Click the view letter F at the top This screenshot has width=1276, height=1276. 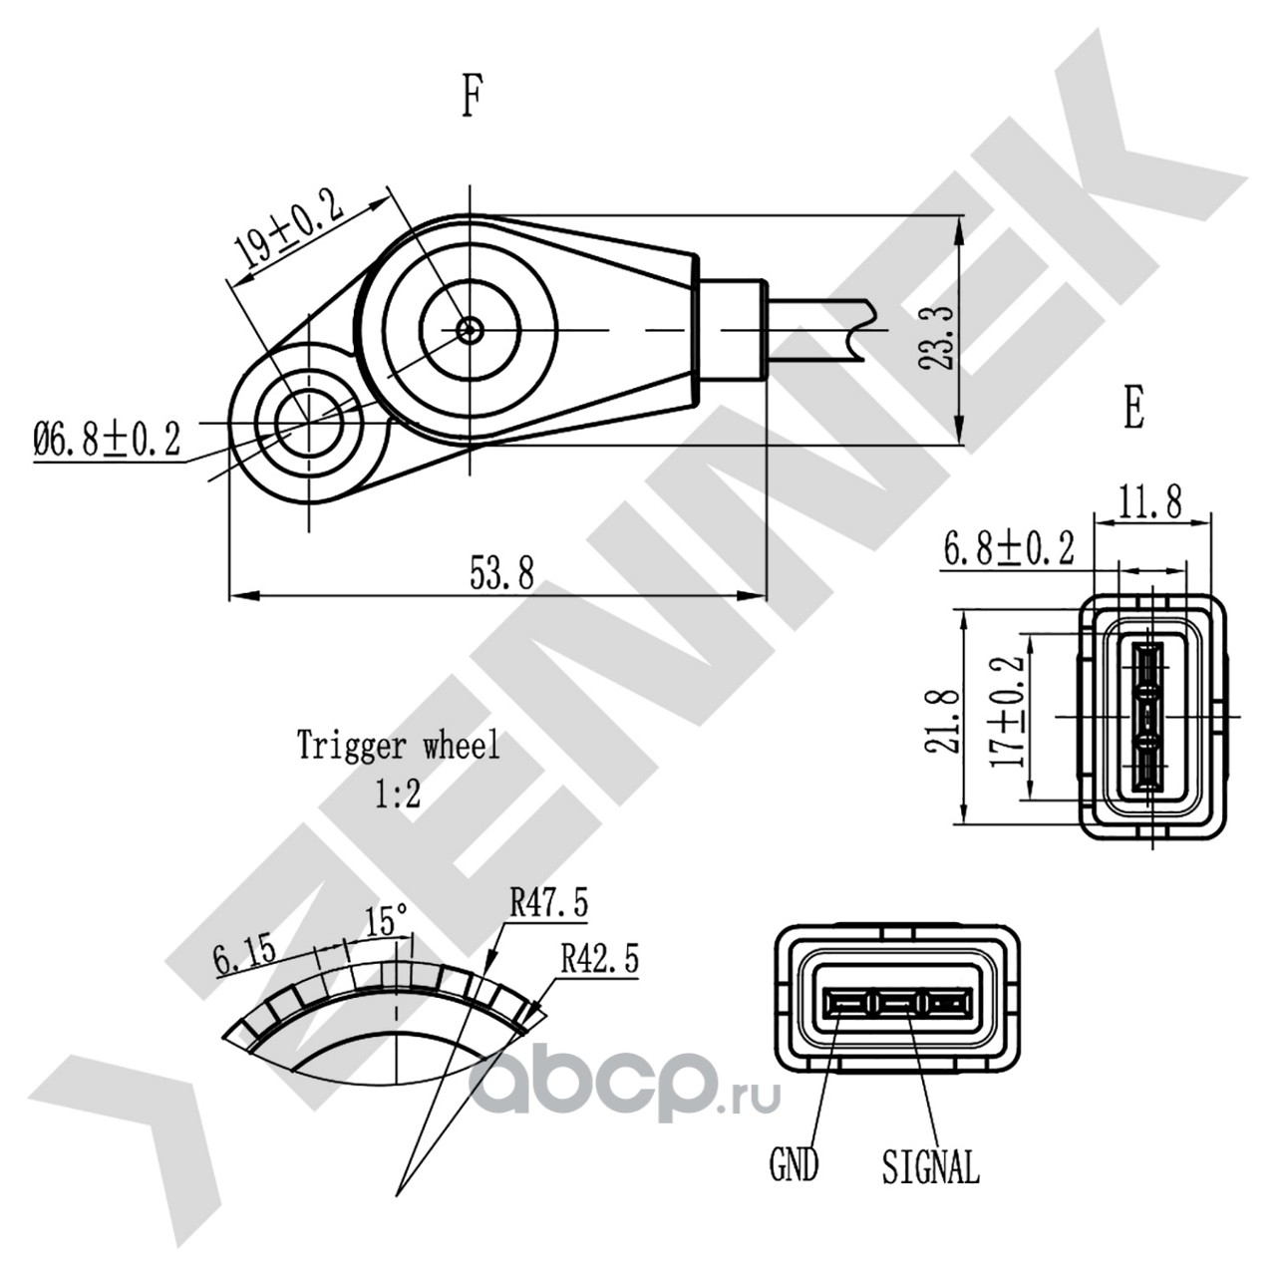pos(472,98)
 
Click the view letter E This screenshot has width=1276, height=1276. pos(1133,408)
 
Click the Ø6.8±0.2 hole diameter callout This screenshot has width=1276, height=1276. pos(107,438)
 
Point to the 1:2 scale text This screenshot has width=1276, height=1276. pos(399,795)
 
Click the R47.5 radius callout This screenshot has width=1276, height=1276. pos(548,903)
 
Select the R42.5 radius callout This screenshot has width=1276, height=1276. pos(599,959)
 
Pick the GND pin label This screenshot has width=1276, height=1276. pos(794,1164)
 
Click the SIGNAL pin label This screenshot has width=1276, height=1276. pos(930,1165)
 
